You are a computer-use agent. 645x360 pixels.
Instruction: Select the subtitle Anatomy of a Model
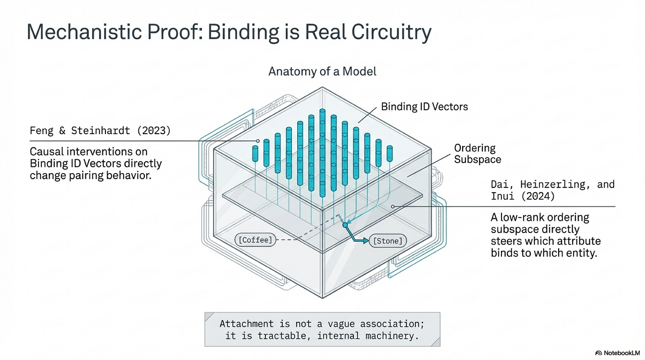coord(322,71)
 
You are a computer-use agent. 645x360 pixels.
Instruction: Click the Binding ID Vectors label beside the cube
coord(424,107)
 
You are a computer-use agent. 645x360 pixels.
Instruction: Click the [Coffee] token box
coord(255,240)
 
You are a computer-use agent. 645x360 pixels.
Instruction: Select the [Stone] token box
coord(388,241)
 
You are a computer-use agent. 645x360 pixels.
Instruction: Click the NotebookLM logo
coord(618,352)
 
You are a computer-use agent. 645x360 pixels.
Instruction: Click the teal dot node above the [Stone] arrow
coord(345,225)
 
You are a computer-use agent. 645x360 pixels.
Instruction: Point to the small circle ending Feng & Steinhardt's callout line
coord(256,141)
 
